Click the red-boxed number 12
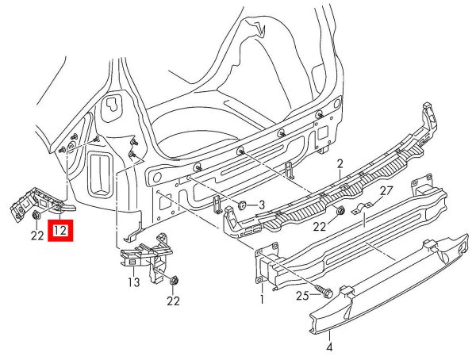61,232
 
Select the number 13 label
132,281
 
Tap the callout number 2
339,164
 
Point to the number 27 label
386,191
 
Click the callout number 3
261,205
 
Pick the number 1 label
261,301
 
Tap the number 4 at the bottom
329,346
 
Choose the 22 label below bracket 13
174,301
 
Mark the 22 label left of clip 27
319,227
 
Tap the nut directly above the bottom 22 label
175,280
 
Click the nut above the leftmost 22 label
37,216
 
